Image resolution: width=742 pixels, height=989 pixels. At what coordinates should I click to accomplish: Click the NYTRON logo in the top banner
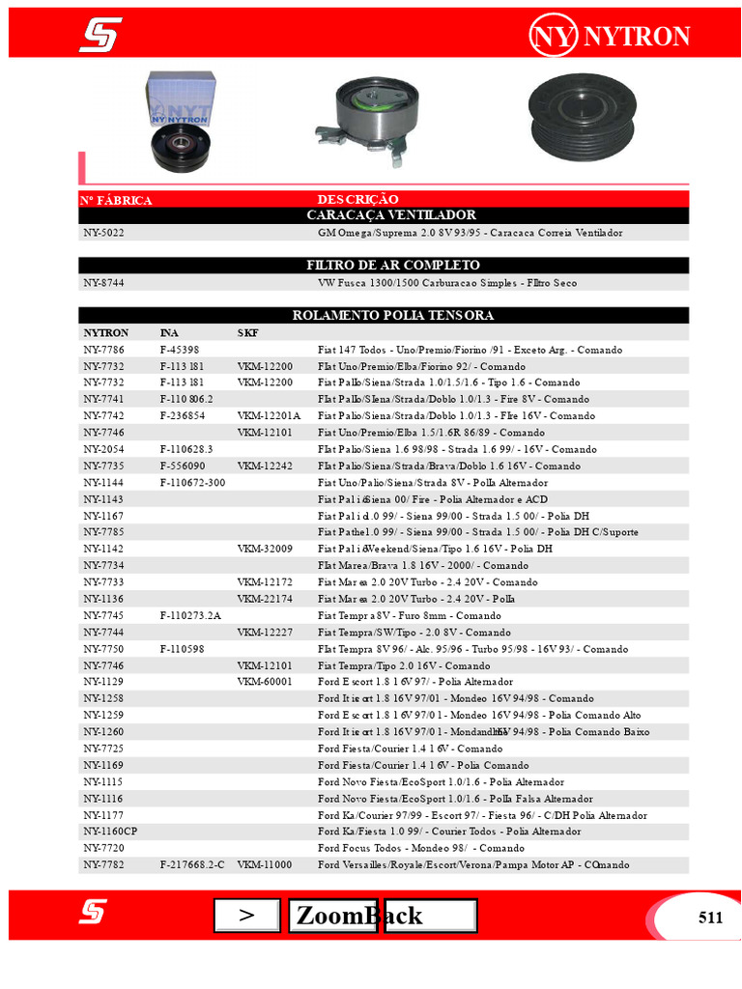click(610, 37)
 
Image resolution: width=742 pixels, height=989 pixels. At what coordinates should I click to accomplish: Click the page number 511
click(710, 918)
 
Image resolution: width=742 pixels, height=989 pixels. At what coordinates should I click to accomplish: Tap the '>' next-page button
click(246, 916)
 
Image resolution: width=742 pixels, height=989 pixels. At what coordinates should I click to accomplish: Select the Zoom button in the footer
click(332, 916)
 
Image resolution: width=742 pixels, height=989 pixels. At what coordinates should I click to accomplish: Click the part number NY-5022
click(103, 233)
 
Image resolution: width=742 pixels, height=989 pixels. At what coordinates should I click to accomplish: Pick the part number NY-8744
click(103, 283)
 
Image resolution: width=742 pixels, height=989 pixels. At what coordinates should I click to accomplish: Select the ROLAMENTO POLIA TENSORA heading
click(392, 315)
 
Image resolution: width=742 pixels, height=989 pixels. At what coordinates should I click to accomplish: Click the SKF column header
click(248, 333)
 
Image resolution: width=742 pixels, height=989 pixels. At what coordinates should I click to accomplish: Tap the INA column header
click(169, 333)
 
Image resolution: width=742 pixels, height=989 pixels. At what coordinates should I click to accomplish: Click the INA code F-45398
click(180, 350)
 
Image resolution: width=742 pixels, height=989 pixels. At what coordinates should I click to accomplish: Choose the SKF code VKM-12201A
click(270, 416)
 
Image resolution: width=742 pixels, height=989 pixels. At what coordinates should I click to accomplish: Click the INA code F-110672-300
click(192, 482)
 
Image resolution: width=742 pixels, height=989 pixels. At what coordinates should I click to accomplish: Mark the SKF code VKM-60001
click(265, 682)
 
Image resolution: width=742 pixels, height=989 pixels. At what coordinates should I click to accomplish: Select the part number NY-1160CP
click(110, 832)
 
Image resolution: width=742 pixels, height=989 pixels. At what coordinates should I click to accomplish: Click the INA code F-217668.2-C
click(192, 864)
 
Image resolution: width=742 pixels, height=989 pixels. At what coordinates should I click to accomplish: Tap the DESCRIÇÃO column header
click(357, 199)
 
